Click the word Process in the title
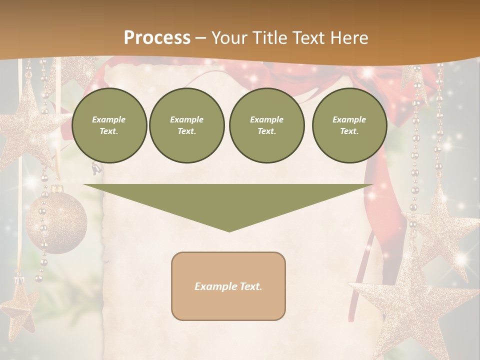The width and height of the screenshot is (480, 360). pyautogui.click(x=157, y=38)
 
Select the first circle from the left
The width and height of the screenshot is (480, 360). pyautogui.click(x=109, y=125)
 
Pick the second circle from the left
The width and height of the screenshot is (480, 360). pyautogui.click(x=187, y=125)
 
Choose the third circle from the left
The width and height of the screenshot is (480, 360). pyautogui.click(x=266, y=125)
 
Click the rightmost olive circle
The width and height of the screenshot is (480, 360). pyautogui.click(x=349, y=125)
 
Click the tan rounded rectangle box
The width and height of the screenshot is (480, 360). pyautogui.click(x=228, y=286)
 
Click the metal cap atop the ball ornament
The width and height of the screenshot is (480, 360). pyautogui.click(x=55, y=190)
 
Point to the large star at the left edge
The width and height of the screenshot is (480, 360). pyautogui.click(x=25, y=125)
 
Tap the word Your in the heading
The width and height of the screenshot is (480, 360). pyautogui.click(x=228, y=38)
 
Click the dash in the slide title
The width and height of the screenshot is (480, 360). pyautogui.click(x=200, y=38)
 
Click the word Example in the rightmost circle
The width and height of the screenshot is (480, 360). pyautogui.click(x=349, y=119)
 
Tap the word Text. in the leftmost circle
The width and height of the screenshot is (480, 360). pyautogui.click(x=109, y=131)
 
